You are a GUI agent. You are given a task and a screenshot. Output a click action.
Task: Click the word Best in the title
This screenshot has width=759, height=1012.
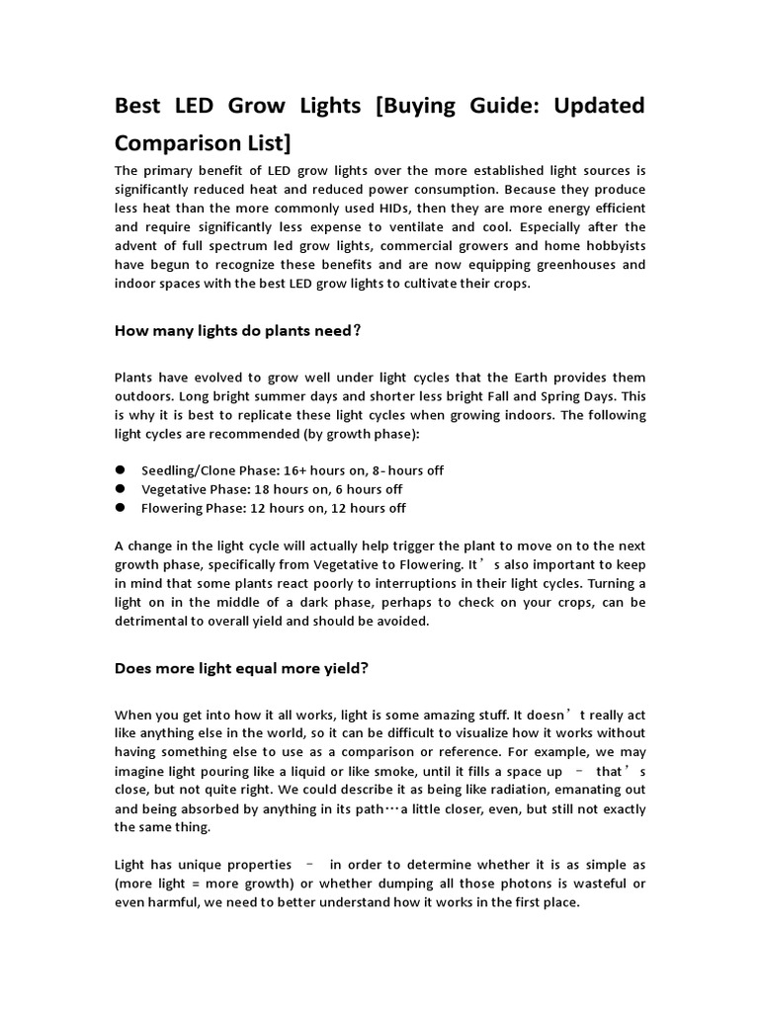click(139, 105)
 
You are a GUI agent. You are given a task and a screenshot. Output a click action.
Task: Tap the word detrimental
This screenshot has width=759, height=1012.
click(153, 621)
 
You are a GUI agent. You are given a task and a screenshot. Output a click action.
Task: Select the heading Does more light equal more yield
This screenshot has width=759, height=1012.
click(242, 668)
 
